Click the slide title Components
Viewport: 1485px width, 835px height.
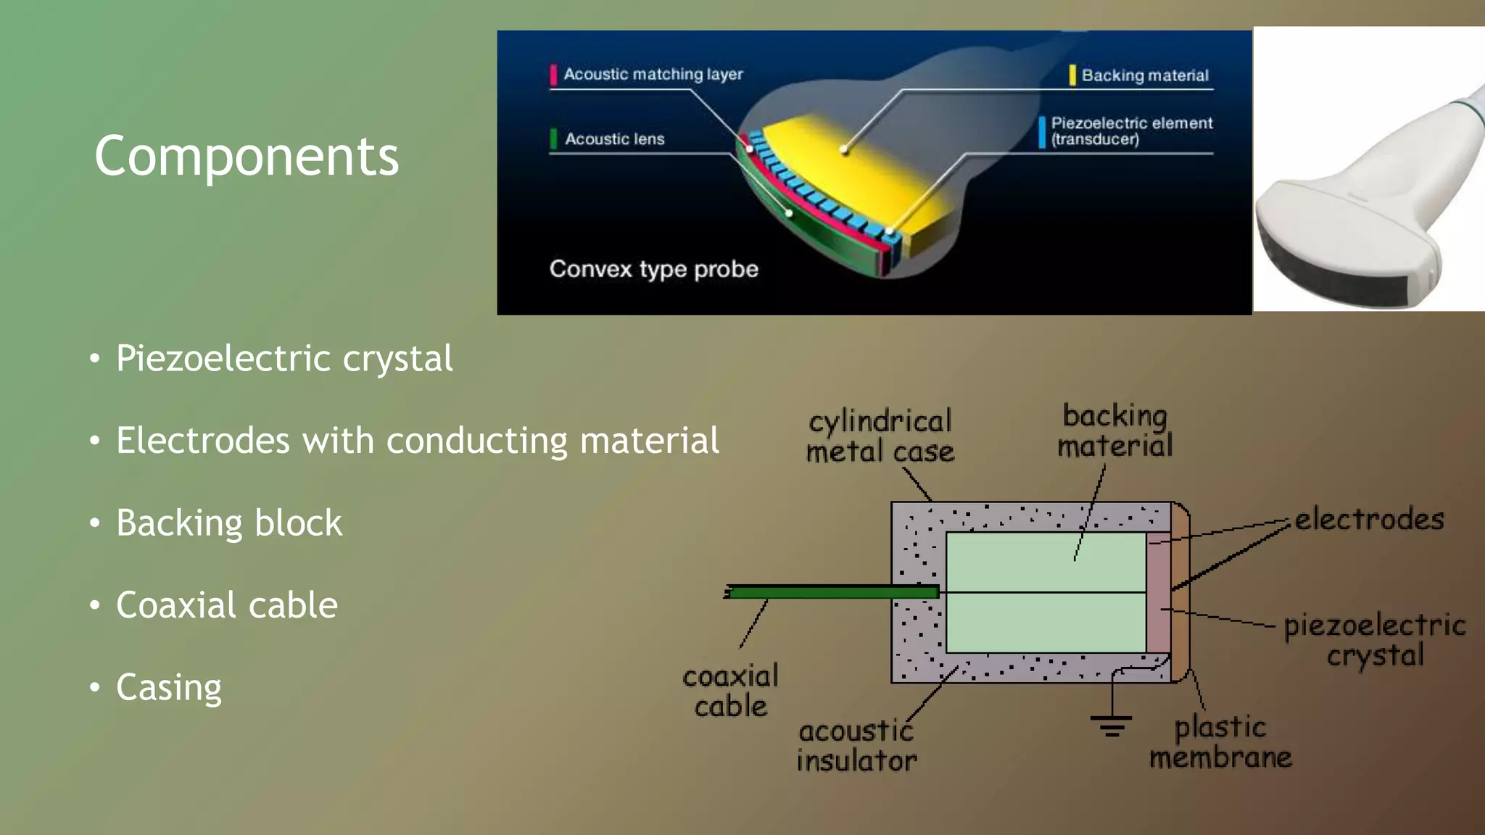click(247, 156)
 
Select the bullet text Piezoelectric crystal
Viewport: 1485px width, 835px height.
click(284, 359)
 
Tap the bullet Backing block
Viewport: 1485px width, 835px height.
click(228, 523)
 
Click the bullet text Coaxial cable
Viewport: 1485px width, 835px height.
click(226, 605)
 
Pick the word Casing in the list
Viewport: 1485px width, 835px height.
click(168, 687)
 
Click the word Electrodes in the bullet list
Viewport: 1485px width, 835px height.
click(202, 441)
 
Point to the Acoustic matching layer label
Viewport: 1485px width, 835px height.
click(653, 75)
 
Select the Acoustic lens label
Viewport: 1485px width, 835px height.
click(614, 139)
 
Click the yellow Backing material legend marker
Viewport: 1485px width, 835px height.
click(1072, 75)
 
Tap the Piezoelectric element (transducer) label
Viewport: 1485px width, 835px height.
click(1131, 131)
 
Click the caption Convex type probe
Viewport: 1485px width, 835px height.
click(653, 269)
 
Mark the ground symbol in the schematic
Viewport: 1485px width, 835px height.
click(1111, 725)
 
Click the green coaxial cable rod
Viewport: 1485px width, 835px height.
click(834, 593)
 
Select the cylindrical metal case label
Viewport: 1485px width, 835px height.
click(880, 436)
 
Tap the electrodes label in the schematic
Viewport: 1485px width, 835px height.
click(1369, 520)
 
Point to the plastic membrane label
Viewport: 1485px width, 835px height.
click(1220, 742)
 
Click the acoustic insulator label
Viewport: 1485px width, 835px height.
click(856, 747)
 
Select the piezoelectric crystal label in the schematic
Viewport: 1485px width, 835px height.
click(1374, 640)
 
